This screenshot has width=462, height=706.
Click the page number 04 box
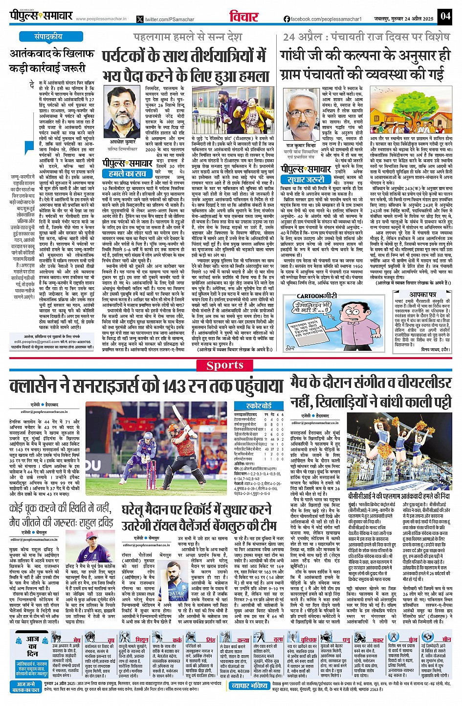click(445, 16)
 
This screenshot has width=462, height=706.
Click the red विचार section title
click(243, 16)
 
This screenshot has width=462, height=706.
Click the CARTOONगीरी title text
click(317, 296)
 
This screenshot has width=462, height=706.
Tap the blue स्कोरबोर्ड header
click(259, 406)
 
